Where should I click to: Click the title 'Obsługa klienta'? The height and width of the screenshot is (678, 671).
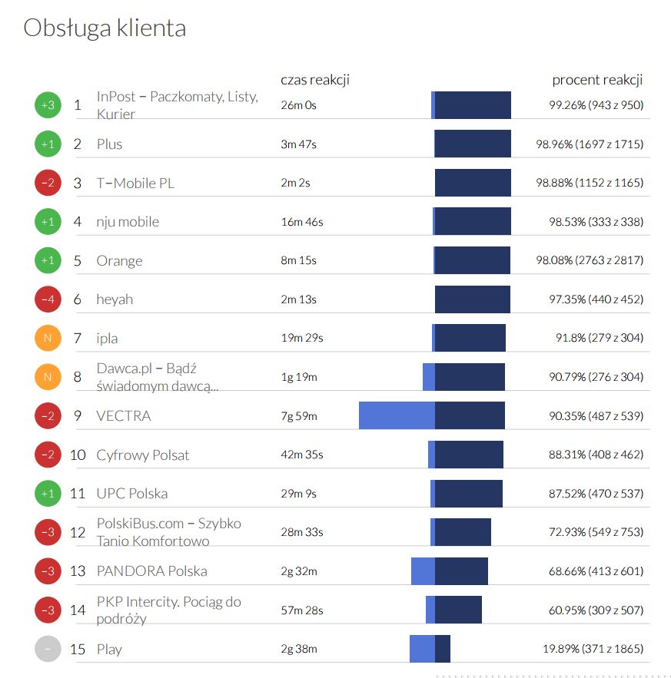coord(105,28)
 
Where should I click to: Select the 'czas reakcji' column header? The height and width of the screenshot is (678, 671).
coord(315,80)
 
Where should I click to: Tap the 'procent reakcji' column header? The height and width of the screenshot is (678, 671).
coord(597,80)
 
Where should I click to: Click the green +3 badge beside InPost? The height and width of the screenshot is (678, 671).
coord(48,105)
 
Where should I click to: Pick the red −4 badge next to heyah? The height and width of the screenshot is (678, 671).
coord(48,299)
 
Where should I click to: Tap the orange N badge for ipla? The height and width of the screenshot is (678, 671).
coord(48,338)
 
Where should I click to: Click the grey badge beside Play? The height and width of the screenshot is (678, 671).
coord(48,650)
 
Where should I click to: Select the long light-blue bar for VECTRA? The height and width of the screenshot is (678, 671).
coord(397,415)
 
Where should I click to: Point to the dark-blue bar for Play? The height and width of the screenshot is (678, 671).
coord(443,649)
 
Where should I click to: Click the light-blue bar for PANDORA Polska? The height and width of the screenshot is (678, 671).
coord(423,571)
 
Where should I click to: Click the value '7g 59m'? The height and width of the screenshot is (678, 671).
coord(299,416)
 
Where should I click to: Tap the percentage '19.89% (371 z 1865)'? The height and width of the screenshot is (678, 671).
coord(593,650)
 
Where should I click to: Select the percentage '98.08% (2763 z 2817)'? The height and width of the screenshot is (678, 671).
coord(590,261)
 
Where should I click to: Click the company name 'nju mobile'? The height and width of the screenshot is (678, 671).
coord(128,222)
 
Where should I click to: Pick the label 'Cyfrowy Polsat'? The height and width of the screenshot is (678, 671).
coord(143,455)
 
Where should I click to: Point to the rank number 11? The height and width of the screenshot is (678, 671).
coord(77,494)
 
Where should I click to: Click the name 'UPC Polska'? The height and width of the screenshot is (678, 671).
coord(132,494)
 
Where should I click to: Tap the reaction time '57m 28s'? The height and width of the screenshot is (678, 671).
coord(301,610)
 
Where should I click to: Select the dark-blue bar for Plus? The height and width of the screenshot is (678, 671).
coord(473,144)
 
